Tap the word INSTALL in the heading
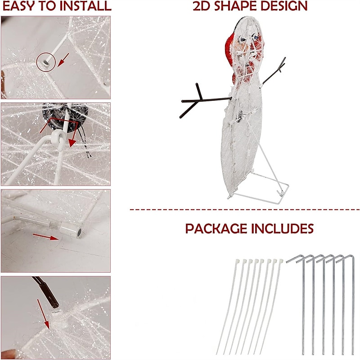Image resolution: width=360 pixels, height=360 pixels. point(81,6)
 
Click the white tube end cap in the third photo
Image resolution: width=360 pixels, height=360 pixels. point(72,230)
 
